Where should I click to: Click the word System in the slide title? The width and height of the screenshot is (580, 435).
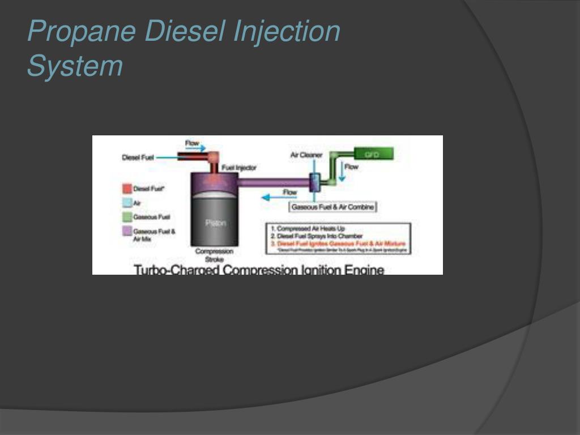coord(75,66)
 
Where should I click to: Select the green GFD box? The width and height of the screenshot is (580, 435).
coord(373,153)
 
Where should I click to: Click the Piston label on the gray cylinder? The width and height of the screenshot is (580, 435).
coord(215,223)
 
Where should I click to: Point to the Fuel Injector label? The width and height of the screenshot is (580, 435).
coord(238,168)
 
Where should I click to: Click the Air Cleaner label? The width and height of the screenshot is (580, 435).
coord(306,155)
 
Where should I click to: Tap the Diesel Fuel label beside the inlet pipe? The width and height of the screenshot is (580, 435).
coord(138,158)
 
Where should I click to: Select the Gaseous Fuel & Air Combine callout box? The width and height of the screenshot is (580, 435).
coord(332,207)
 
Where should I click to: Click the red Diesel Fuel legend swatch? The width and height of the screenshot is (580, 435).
coord(127,189)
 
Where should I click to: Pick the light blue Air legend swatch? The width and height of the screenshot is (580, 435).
coord(127,203)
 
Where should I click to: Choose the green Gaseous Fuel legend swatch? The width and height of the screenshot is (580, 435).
coord(127,217)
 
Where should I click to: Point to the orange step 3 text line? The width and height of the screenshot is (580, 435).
coord(338,243)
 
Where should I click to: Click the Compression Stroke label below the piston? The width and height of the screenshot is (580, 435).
coord(214,255)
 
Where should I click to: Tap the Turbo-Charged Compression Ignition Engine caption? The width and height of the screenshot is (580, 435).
coord(258,270)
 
